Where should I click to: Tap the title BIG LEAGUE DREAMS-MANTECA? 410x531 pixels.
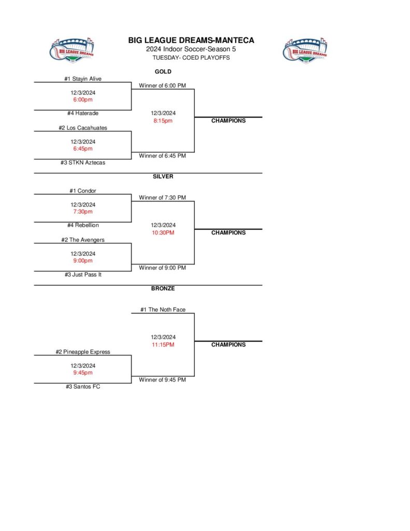tap(191, 40)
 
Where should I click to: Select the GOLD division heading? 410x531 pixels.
tap(163, 72)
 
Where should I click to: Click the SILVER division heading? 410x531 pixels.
tap(163, 176)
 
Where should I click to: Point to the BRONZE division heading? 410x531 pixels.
tap(163, 288)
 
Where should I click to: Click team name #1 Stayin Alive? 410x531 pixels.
tap(83, 79)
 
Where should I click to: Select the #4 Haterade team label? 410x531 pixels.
tap(83, 114)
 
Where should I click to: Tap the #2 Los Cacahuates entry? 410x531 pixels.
tap(83, 128)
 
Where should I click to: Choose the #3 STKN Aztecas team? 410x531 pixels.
tap(83, 163)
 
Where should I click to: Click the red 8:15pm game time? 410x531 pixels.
tap(163, 121)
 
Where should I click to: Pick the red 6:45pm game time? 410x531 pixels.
tap(83, 149)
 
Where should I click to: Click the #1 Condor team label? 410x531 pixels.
tap(83, 191)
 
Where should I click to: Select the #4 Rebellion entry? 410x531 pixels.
tap(83, 226)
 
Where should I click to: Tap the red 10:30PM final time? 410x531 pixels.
tap(163, 233)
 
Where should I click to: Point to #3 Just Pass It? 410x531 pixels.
tap(83, 275)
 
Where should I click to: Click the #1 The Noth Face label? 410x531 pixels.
tap(163, 310)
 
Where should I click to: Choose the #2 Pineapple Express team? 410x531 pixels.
tap(83, 352)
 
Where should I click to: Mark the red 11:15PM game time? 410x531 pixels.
tap(163, 345)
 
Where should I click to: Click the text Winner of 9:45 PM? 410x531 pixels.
tap(163, 380)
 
